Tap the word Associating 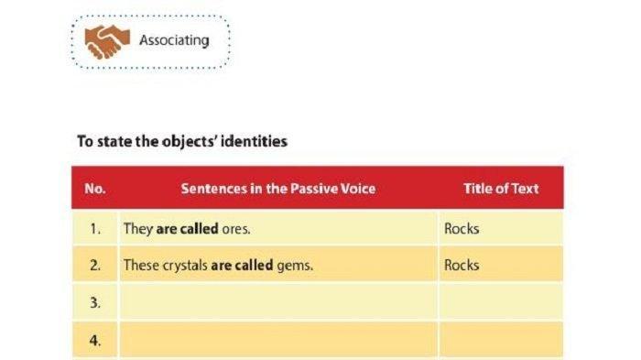pos(173,40)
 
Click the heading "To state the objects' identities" pos(183,141)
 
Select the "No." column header pos(95,189)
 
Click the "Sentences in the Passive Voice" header pos(277,189)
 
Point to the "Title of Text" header pos(500,189)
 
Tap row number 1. pos(95,229)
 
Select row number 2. pos(95,266)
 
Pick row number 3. pos(95,302)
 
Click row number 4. pos(95,341)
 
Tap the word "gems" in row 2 pos(295,266)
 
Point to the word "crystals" pos(182,266)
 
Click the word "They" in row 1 pos(136,229)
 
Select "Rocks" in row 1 pos(462,229)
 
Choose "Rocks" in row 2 pos(462,266)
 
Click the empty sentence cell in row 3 pos(277,302)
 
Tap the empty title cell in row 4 pos(500,341)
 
